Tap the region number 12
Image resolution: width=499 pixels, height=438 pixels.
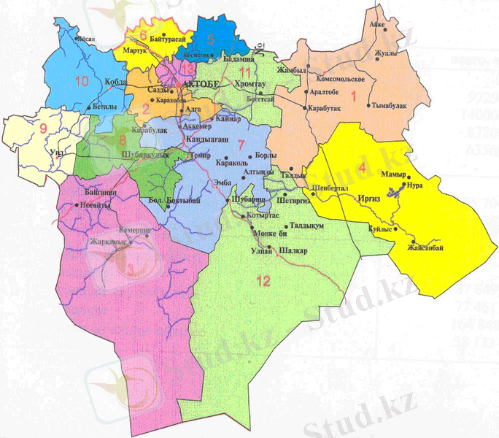263,280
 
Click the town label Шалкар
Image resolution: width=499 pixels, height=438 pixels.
294,252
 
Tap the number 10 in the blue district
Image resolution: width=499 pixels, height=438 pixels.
81,80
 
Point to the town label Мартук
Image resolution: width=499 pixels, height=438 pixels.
136,53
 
